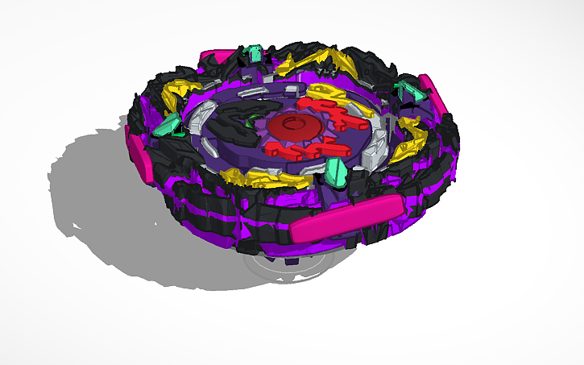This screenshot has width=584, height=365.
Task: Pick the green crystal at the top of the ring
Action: pyautogui.click(x=254, y=54)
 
